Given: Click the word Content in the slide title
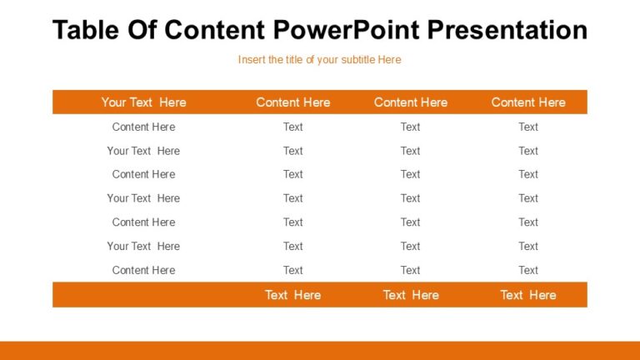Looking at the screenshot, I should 215,30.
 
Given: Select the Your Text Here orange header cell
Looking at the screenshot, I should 143,102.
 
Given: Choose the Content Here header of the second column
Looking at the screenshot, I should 292,102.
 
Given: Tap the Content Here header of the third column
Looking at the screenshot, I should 410,102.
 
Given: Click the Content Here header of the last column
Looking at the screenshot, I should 528,102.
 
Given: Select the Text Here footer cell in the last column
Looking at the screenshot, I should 528,295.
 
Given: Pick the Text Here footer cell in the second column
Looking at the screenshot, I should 292,295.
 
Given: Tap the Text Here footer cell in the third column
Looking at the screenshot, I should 410,295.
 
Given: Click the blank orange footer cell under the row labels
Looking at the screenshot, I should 143,295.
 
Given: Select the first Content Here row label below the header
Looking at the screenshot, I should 143,127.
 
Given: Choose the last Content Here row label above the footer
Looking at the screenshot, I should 143,270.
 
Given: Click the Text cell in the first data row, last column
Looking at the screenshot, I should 528,127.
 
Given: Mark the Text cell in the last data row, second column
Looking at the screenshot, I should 292,270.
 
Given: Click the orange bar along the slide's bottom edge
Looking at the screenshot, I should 320,351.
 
